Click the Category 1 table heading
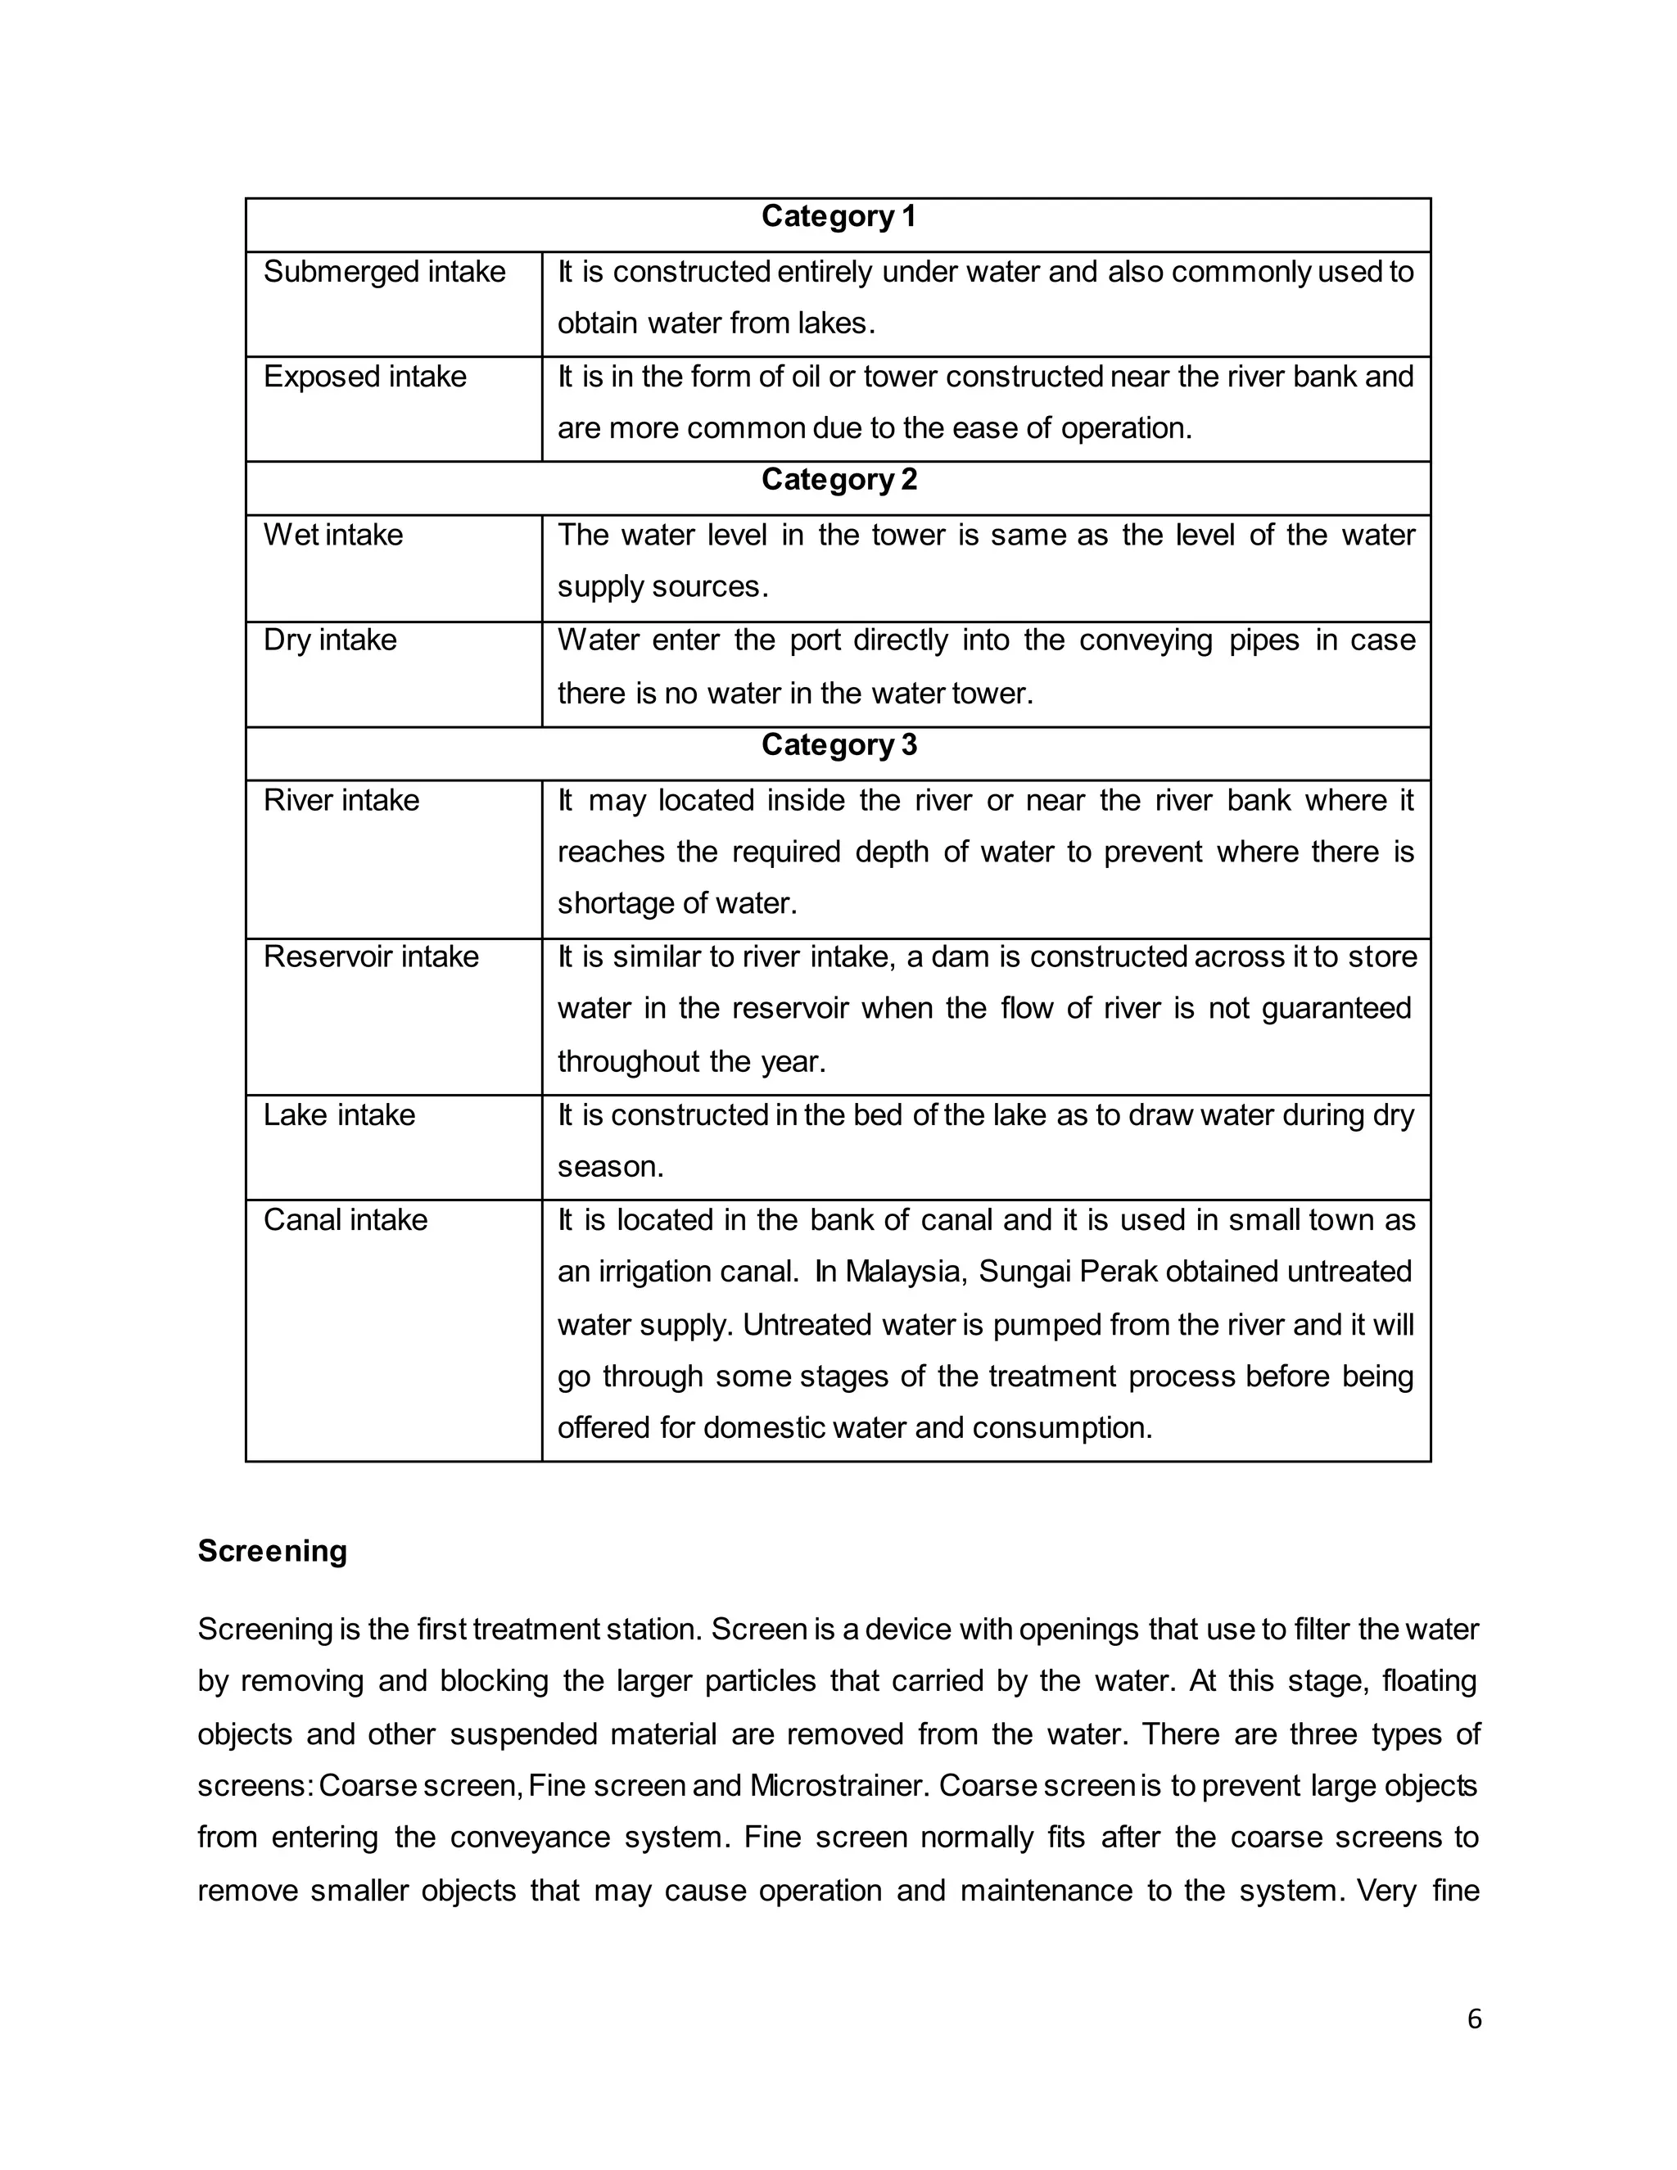point(838,217)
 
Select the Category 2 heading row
point(838,480)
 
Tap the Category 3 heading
point(838,745)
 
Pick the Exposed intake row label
point(364,377)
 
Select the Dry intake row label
point(329,640)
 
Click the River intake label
point(341,800)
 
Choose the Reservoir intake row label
point(371,956)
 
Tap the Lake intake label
point(339,1114)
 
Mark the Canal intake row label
point(345,1220)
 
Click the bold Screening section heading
point(272,1551)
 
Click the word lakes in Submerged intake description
point(834,324)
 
